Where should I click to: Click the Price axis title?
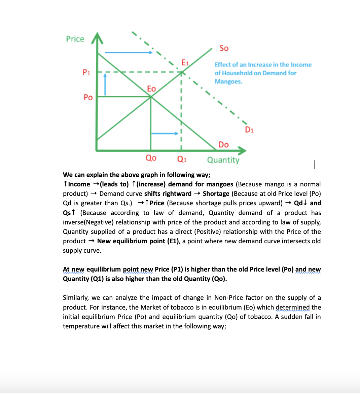(75, 39)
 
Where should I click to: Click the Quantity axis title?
(223, 160)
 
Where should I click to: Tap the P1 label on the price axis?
(86, 72)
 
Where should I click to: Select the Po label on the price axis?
(88, 98)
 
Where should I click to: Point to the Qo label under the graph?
(151, 158)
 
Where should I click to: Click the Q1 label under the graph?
(182, 159)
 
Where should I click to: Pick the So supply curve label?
(224, 48)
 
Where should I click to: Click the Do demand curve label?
(223, 145)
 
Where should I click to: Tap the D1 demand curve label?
(249, 130)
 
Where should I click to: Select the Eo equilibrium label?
(151, 89)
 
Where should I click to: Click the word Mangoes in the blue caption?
(228, 82)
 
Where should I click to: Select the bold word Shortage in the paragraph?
(216, 194)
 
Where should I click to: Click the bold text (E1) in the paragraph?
(173, 241)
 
